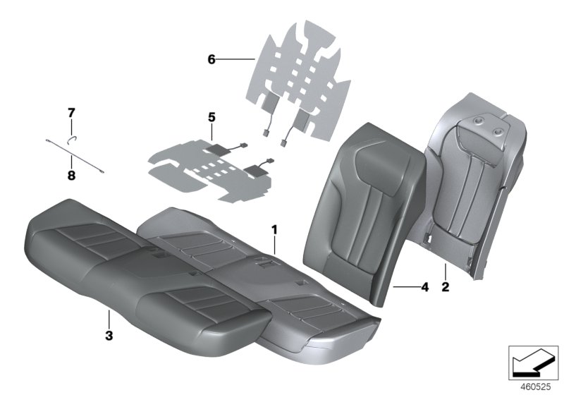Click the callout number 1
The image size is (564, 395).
[276, 230]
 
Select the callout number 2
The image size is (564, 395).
[446, 288]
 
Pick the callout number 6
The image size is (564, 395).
[211, 60]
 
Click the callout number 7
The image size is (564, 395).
[70, 112]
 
